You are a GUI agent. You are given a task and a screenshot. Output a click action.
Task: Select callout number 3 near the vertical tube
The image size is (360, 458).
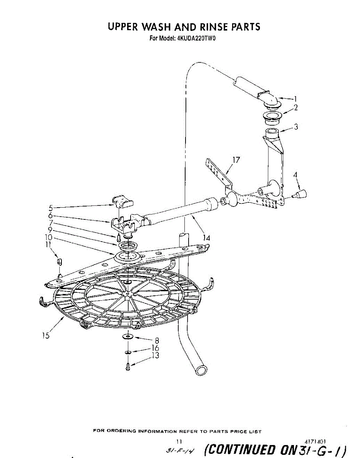pos(296,127)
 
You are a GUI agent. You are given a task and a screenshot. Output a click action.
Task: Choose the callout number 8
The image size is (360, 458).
pos(157,340)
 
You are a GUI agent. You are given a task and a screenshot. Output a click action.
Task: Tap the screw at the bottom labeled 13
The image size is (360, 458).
pos(128,367)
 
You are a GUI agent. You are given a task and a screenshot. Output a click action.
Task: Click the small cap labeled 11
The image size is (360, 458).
pos(59,262)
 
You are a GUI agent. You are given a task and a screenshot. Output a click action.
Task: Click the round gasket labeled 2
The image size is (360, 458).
pos(271,116)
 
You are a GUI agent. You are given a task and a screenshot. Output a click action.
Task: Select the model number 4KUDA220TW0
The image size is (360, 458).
pos(197,38)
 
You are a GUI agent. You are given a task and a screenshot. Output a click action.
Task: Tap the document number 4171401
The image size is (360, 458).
pos(315,441)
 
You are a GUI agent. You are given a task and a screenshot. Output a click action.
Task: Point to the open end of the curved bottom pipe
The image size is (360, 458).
pos(201,370)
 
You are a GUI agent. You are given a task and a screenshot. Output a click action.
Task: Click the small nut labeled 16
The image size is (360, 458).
pos(128,352)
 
